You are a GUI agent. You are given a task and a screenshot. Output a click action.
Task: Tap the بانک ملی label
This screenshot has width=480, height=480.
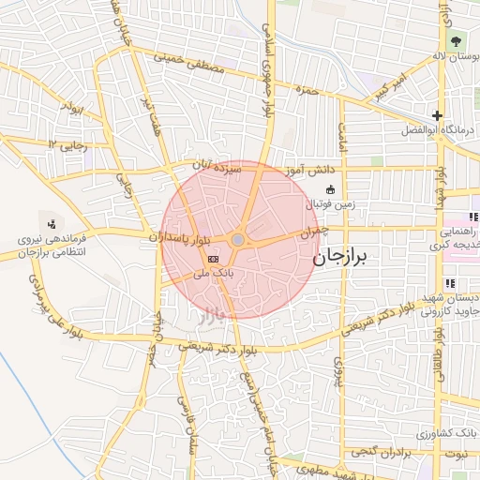pyautogui.click(x=212, y=274)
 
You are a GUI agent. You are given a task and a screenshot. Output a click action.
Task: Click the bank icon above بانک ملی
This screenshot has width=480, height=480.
pyautogui.click(x=213, y=258)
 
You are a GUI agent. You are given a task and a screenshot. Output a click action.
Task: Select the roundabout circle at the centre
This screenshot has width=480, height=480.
pyautogui.click(x=238, y=241)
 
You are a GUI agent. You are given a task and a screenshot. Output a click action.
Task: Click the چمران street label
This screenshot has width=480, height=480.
pyautogui.click(x=316, y=231)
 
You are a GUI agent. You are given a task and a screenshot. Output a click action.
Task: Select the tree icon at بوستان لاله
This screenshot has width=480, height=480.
pyautogui.click(x=456, y=40)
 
